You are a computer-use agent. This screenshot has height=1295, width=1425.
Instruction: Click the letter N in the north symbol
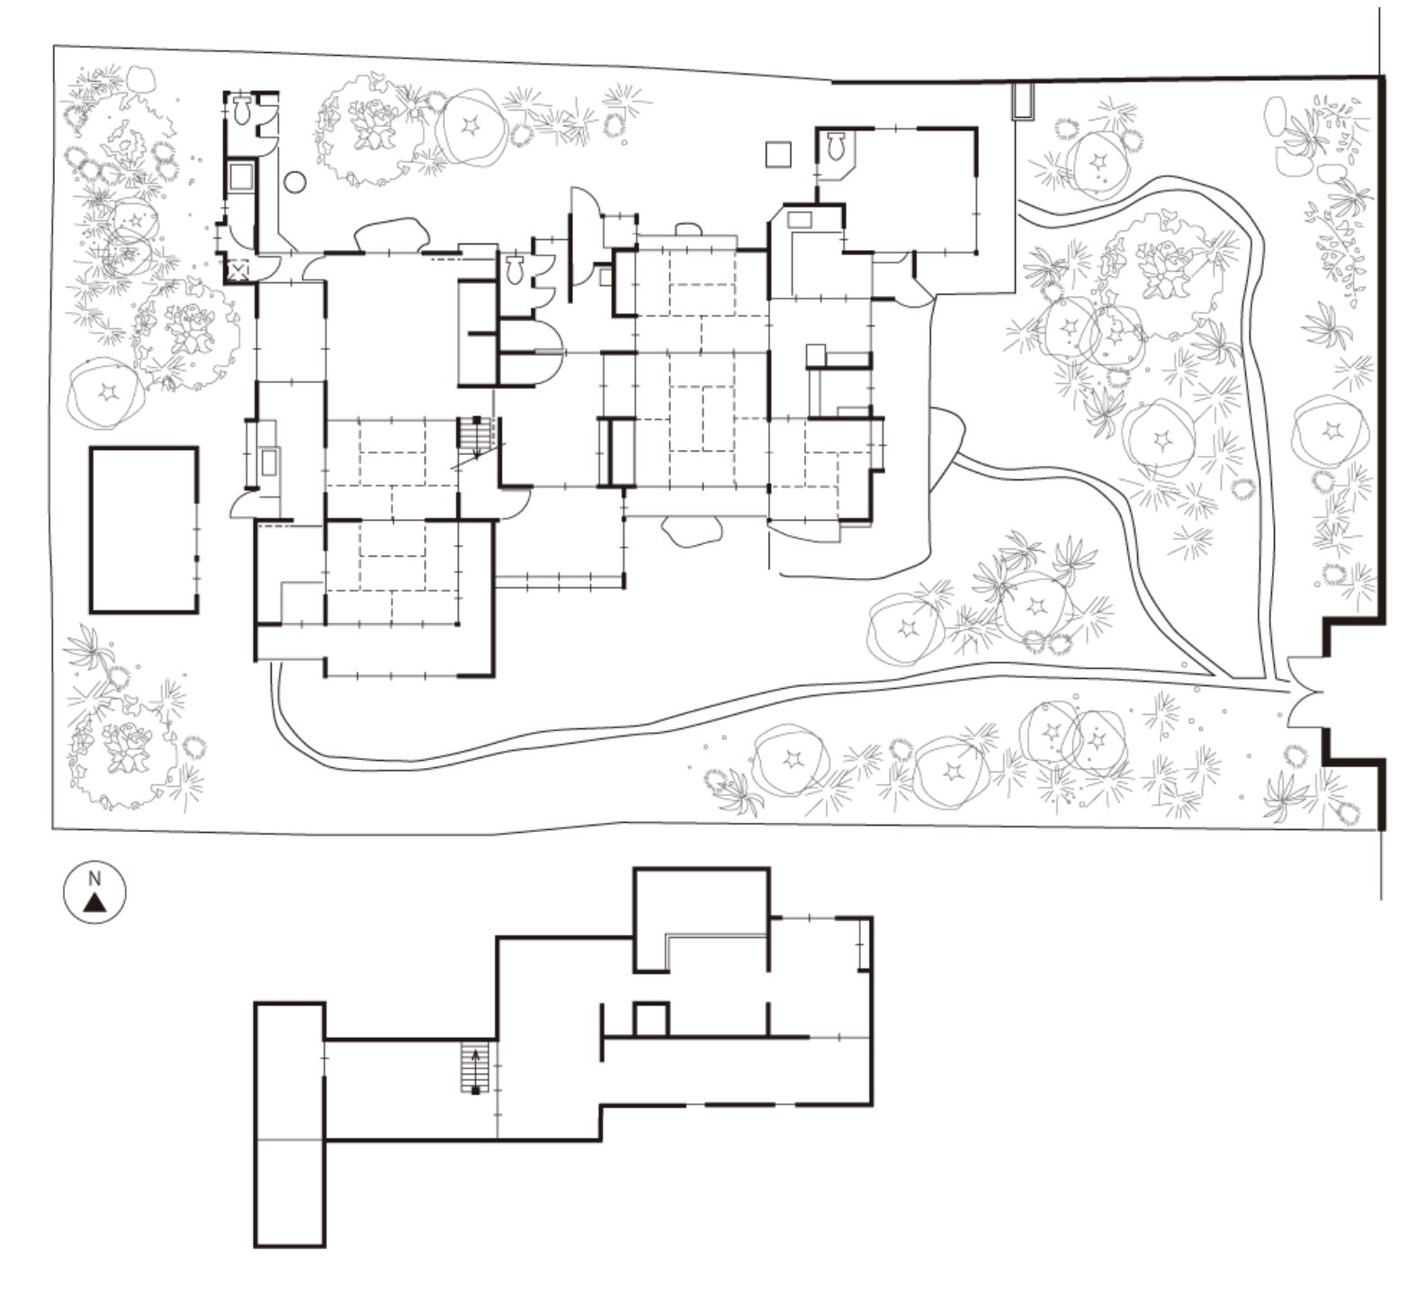pos(94,880)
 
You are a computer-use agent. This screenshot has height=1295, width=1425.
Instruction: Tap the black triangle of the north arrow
pos(94,904)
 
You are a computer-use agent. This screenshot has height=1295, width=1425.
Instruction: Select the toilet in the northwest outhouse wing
pos(242,111)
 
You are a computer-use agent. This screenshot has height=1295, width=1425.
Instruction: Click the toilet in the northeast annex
pos(835,145)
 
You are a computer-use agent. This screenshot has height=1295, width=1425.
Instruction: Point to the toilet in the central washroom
pos(515,269)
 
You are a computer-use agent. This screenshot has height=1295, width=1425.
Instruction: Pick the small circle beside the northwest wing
pos(294,182)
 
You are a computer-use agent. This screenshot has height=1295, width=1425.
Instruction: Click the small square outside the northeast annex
pos(778,154)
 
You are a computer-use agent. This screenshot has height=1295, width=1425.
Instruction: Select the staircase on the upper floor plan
pos(474,1067)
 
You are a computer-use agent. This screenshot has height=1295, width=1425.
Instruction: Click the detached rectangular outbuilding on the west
pos(144,530)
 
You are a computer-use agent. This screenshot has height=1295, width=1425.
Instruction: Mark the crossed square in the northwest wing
pos(239,270)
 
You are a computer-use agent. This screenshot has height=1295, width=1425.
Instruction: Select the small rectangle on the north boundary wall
pos(1024,101)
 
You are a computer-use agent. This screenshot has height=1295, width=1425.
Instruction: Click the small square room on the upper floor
pos(651,1019)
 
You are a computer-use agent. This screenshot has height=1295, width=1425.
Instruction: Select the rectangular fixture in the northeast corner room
pos(799,218)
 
